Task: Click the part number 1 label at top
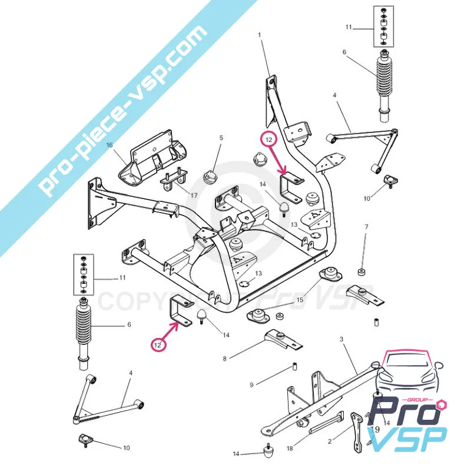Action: [x=258, y=35]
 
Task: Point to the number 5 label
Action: [x=221, y=138]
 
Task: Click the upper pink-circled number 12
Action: [x=268, y=140]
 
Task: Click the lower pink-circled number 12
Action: [x=158, y=346]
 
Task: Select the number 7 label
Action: [x=366, y=227]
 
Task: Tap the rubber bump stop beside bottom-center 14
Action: [x=270, y=452]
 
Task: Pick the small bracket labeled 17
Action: [x=173, y=178]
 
